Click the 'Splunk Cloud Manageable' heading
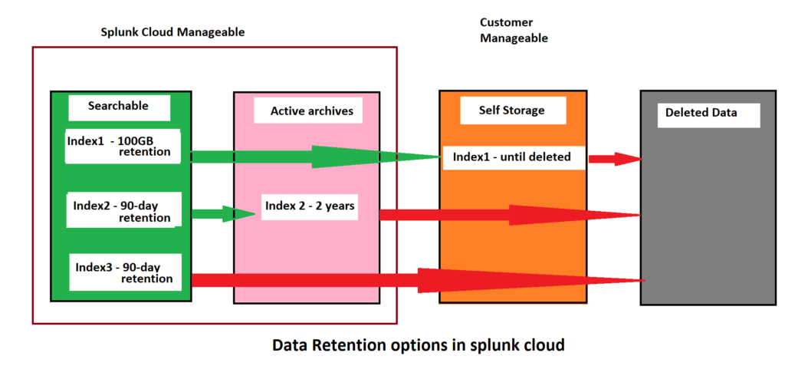(x=172, y=32)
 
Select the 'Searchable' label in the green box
(x=118, y=106)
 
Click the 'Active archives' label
(x=311, y=111)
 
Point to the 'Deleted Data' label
(x=701, y=113)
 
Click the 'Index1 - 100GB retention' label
(x=123, y=145)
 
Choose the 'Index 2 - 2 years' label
(x=309, y=206)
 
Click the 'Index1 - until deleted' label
(x=511, y=157)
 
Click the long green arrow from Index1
(x=314, y=157)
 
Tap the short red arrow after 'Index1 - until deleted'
(x=614, y=159)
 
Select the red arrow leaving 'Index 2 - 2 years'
(x=510, y=215)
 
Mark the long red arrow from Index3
(x=418, y=280)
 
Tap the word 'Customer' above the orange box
(x=506, y=23)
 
